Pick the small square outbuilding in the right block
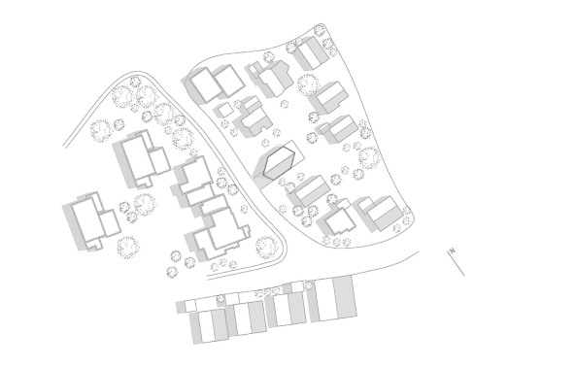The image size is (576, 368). pos(222,110)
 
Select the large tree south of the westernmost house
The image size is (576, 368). pos(126,245)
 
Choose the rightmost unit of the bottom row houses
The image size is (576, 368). pos(341,295)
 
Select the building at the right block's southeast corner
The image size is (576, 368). pos(377,212)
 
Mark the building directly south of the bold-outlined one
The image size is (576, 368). pos(309,191)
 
